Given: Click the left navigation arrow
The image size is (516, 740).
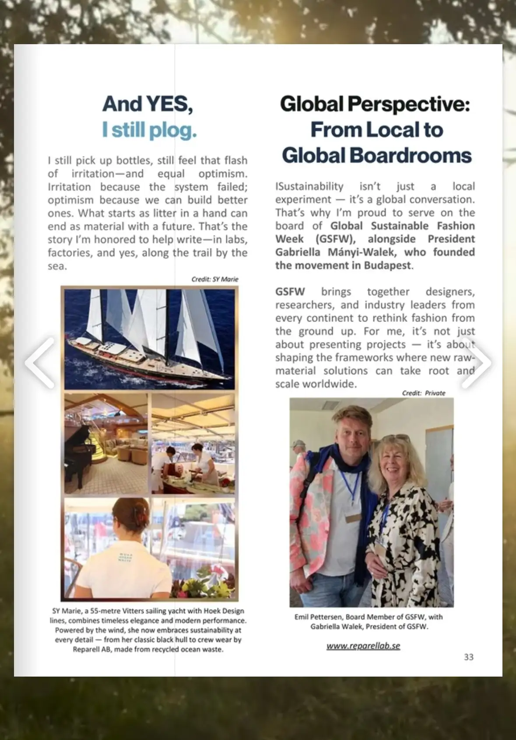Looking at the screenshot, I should (40, 363).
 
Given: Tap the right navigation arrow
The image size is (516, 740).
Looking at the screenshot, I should (476, 363).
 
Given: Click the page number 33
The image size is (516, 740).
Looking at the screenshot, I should (468, 657).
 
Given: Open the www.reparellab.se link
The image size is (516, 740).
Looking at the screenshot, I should (363, 646).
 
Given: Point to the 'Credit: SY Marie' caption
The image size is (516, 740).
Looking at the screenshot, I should (214, 279).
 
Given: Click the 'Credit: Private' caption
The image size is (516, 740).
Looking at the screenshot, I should (423, 393).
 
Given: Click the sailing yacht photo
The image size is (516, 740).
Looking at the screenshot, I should (149, 339).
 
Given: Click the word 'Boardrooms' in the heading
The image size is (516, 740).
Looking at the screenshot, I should (410, 156).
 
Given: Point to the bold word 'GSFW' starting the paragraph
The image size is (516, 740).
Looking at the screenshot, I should (290, 292).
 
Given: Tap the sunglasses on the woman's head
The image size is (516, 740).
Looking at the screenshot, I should (397, 438).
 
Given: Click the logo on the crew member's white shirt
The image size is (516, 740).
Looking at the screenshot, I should (125, 558).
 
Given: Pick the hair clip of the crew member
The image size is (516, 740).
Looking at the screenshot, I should (139, 510).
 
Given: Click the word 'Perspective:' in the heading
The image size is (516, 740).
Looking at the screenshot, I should (408, 104).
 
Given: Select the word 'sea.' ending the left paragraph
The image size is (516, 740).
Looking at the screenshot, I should (57, 266).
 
